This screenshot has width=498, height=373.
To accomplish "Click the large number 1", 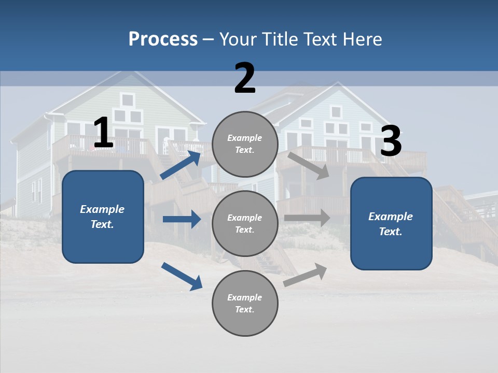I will pyautogui.click(x=103, y=133).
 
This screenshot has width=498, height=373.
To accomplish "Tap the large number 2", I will pyautogui.click(x=245, y=79).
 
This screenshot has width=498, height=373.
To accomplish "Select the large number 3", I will pyautogui.click(x=391, y=142).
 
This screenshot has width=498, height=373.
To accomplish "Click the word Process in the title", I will pyautogui.click(x=163, y=39).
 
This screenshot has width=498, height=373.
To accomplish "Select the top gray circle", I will pyautogui.click(x=245, y=144).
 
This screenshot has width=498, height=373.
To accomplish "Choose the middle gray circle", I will pyautogui.click(x=245, y=224).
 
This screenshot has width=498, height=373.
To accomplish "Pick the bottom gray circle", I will pyautogui.click(x=245, y=304).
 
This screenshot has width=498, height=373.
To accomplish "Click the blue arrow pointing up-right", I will pyautogui.click(x=181, y=165).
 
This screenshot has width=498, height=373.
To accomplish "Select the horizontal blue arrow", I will pyautogui.click(x=182, y=219).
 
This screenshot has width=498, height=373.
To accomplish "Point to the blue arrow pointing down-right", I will pyautogui.click(x=182, y=276).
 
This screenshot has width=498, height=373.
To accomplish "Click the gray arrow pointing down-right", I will pyautogui.click(x=308, y=166).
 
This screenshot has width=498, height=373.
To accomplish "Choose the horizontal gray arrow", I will pyautogui.click(x=307, y=218).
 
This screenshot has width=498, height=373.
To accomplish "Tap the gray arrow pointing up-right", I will pyautogui.click(x=306, y=275).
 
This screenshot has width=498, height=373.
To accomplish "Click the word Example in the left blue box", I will pyautogui.click(x=102, y=209).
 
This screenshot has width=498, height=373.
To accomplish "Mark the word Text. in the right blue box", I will pyautogui.click(x=391, y=232).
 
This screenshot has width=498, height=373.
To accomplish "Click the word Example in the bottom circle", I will pyautogui.click(x=245, y=297).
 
